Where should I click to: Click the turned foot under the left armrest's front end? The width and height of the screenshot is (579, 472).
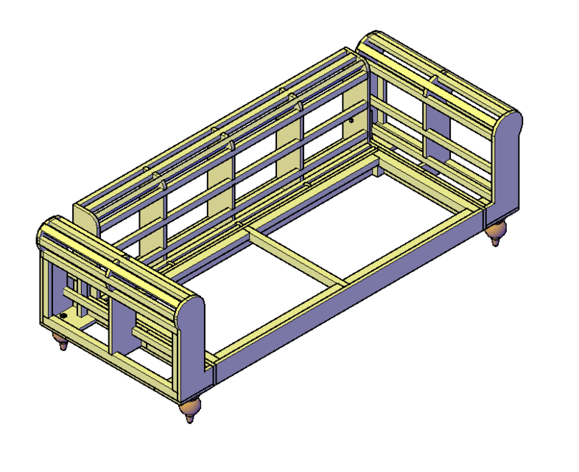(x=191, y=409)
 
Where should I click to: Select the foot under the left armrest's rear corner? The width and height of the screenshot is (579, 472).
(x=60, y=341)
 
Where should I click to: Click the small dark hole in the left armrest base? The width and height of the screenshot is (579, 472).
(x=64, y=315)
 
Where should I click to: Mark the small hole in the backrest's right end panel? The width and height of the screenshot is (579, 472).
(x=351, y=119)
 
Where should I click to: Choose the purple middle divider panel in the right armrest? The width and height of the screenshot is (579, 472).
(x=436, y=133)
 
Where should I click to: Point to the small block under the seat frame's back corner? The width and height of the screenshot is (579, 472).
(x=376, y=170)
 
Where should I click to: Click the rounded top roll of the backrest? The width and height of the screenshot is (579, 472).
(x=221, y=118)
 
